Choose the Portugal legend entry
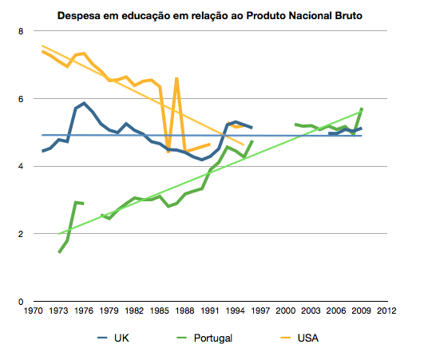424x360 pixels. [x=204, y=338]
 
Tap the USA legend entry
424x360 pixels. [x=307, y=338]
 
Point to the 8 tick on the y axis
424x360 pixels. [x=22, y=31]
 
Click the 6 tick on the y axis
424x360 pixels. [x=22, y=99]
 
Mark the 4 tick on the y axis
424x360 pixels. [x=22, y=167]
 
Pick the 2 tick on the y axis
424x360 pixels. [x=22, y=234]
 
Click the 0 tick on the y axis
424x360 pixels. [x=22, y=302]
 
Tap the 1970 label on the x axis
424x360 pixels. [x=34, y=311]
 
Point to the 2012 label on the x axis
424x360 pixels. [x=386, y=311]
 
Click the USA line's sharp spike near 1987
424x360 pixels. [x=176, y=78]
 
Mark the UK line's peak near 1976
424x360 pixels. [x=84, y=103]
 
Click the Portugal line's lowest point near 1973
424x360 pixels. [x=59, y=252]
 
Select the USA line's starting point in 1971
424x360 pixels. [x=42, y=51]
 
